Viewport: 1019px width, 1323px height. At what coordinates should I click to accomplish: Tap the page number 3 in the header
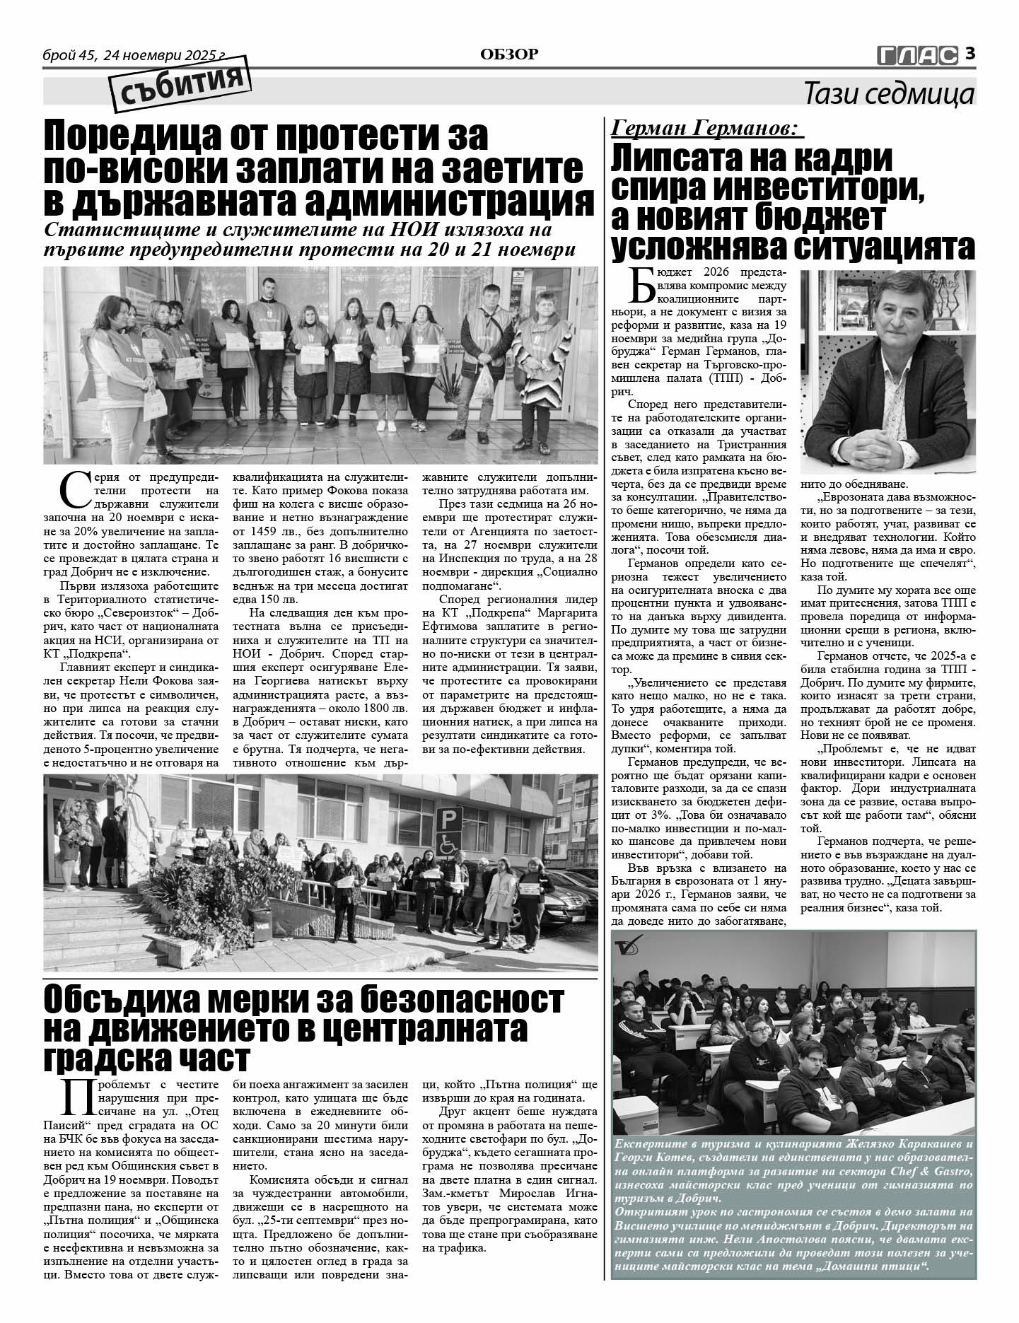(x=970, y=53)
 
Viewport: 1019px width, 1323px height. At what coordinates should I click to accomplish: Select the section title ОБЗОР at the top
(x=509, y=54)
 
